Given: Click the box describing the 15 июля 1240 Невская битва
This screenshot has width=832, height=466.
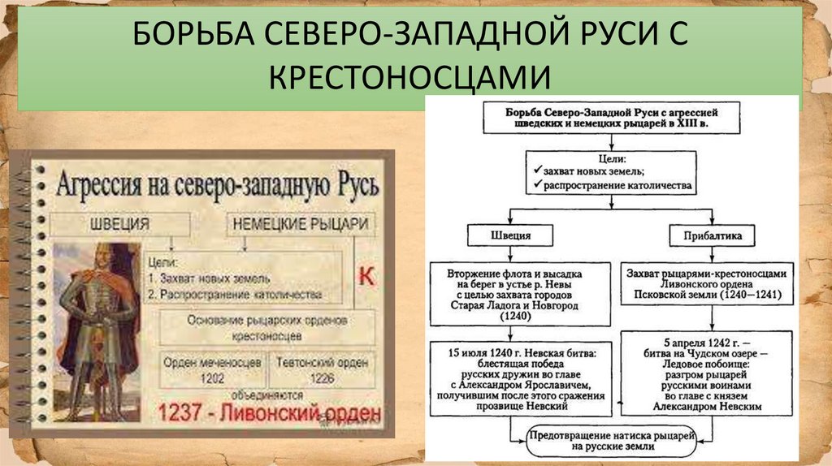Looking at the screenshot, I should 518,378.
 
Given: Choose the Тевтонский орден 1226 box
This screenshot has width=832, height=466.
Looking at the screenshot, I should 320,369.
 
